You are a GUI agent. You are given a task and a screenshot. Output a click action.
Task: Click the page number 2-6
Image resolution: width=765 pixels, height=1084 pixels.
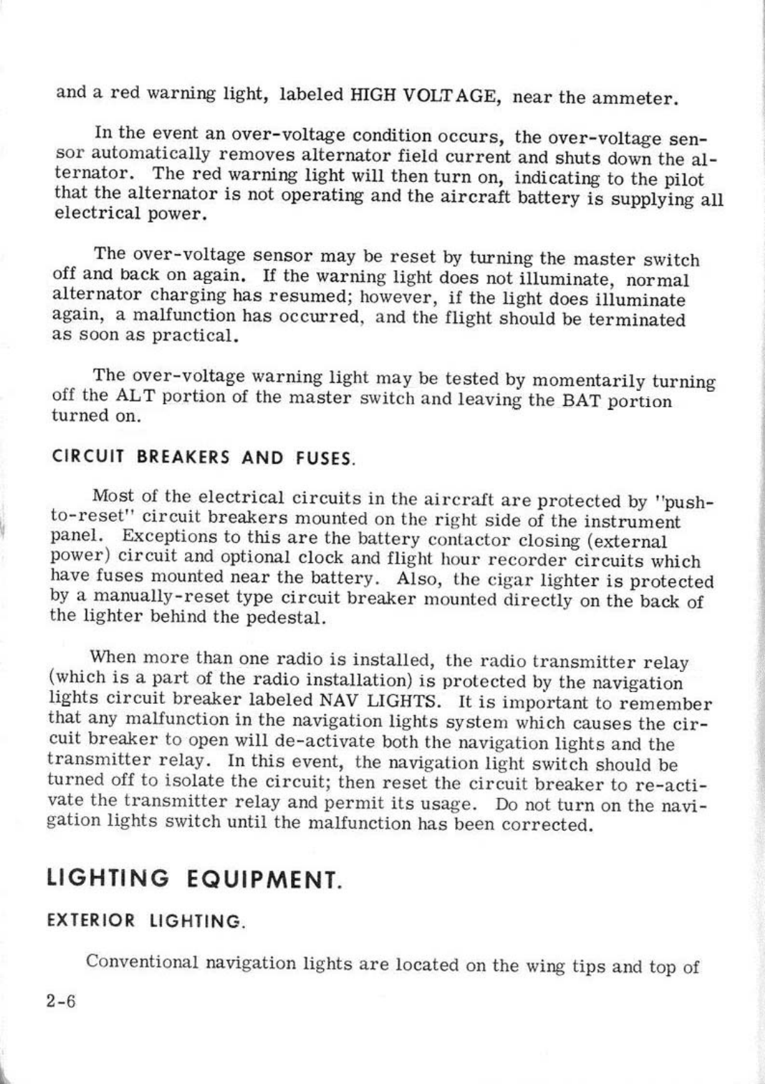point(61,1001)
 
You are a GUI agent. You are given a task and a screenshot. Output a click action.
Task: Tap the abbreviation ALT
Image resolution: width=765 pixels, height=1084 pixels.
point(128,398)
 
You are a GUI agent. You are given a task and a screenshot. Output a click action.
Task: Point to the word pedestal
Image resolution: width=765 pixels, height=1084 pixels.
point(285,617)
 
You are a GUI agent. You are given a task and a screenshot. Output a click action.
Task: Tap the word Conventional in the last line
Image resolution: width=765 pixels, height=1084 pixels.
point(143,963)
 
